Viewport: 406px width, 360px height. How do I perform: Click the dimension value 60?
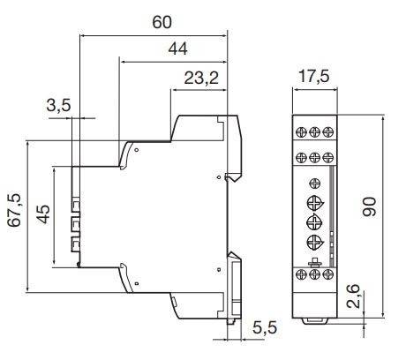162,22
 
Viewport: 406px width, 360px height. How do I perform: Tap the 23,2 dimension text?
199,79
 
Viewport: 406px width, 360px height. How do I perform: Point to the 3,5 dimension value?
59,107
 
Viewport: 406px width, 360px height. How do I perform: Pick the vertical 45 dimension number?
42,214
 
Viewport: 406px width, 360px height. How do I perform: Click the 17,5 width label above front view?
314,75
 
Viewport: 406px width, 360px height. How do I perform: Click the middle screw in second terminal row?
315,156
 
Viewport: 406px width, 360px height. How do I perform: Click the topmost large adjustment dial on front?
315,200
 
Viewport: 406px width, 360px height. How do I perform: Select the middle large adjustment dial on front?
315,221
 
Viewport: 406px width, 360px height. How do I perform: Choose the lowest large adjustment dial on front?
315,243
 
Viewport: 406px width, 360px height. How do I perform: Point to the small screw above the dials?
315,183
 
